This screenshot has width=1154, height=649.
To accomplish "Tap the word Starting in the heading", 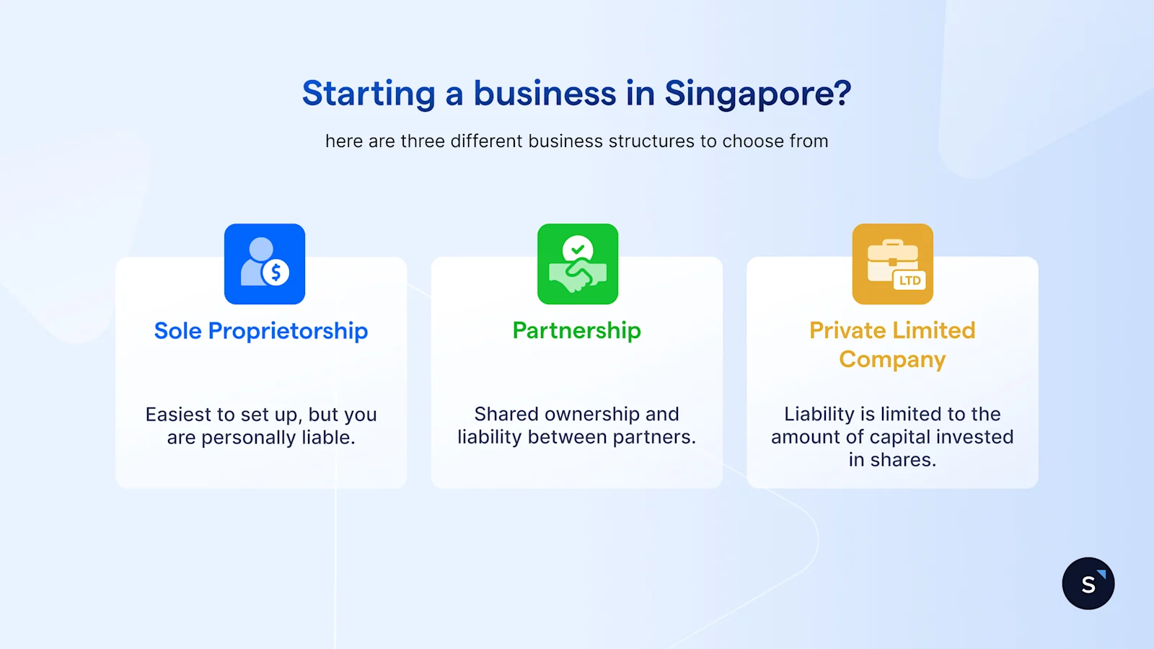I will pos(369,94).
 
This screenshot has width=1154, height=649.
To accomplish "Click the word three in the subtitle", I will pos(423,141).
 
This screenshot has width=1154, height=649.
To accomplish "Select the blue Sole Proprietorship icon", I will pos(265,264).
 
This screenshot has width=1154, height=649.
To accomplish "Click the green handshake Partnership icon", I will pos(578,264).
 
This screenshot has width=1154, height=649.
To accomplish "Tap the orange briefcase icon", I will pos(893,264).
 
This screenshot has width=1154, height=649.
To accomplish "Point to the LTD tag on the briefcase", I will pos(909,281).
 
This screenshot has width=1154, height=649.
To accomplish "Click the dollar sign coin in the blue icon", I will pos(276,273).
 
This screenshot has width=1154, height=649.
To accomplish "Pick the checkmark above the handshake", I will pos(578,250).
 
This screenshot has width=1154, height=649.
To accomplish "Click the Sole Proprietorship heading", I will pos(261,331).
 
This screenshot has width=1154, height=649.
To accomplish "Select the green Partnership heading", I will pos(577,330).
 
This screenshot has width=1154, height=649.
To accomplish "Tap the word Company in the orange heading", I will pos(892,360).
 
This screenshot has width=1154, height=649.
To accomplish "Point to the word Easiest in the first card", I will pos(180,415).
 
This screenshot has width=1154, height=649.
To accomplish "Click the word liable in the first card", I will pos(327,438).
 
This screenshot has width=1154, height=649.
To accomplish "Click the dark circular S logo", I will pos(1088,583).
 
